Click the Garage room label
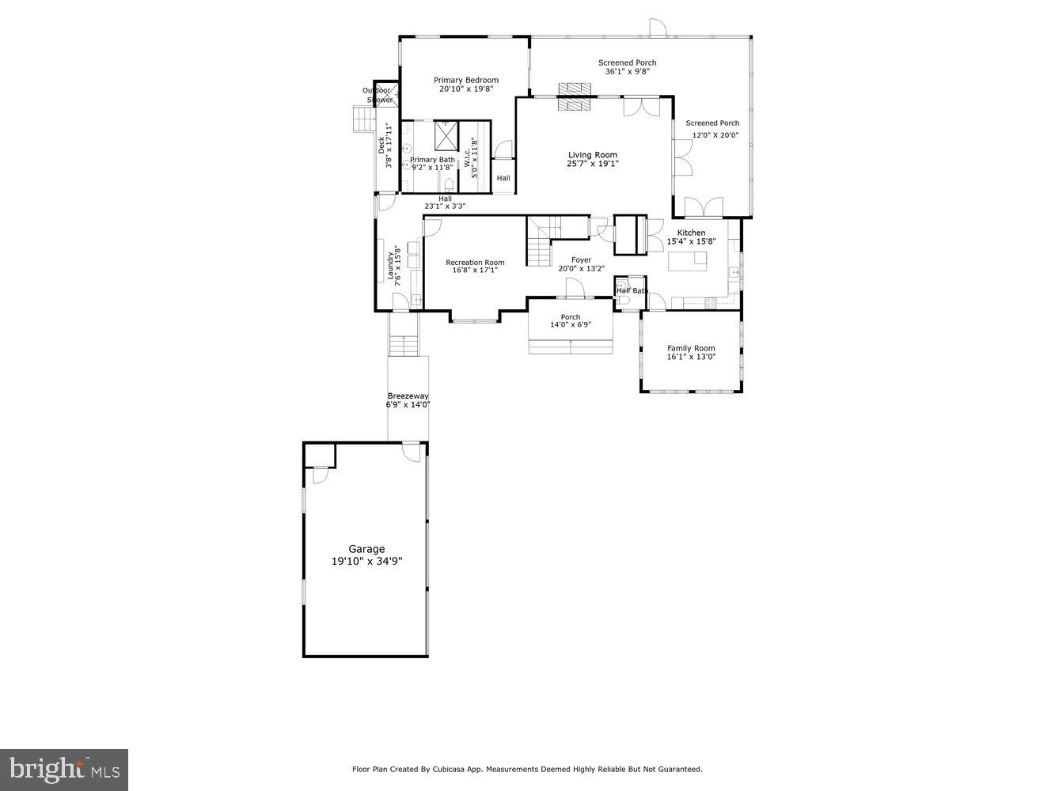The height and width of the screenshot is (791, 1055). (366, 549)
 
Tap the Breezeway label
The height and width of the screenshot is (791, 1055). (408, 395)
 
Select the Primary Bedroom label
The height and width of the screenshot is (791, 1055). (466, 80)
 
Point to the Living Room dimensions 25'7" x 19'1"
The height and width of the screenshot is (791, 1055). (592, 164)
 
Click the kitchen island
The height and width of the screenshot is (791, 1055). (688, 260)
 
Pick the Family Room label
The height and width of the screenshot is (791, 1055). (691, 348)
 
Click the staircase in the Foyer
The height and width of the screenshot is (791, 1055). (540, 245)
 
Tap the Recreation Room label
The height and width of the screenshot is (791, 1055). (475, 263)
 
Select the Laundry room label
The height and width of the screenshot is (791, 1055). (390, 267)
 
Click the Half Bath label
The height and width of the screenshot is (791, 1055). (632, 291)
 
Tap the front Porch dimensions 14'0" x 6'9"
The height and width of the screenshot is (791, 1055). (571, 324)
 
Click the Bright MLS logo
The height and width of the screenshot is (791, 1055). (64, 769)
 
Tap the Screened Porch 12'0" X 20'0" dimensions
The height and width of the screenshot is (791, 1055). (715, 135)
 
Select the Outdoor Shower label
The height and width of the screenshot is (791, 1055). (377, 95)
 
